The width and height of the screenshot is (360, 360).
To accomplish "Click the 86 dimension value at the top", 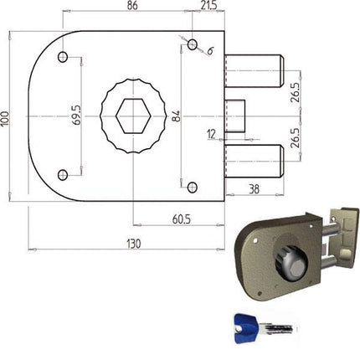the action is coord(132,6).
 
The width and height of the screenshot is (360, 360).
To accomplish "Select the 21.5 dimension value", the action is coord(208,6).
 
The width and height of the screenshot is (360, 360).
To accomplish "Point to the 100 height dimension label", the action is coord(5,120).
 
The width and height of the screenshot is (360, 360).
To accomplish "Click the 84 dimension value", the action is coord(176,116).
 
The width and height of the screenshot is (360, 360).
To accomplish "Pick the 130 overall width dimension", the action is coord(134,244).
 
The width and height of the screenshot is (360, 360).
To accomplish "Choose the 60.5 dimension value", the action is coord(182,219).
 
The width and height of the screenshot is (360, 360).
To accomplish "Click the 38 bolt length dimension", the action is coord(254,189).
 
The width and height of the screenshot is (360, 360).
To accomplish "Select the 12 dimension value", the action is coord(212,134).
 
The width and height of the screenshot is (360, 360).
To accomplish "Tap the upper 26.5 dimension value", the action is coord(295,92).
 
